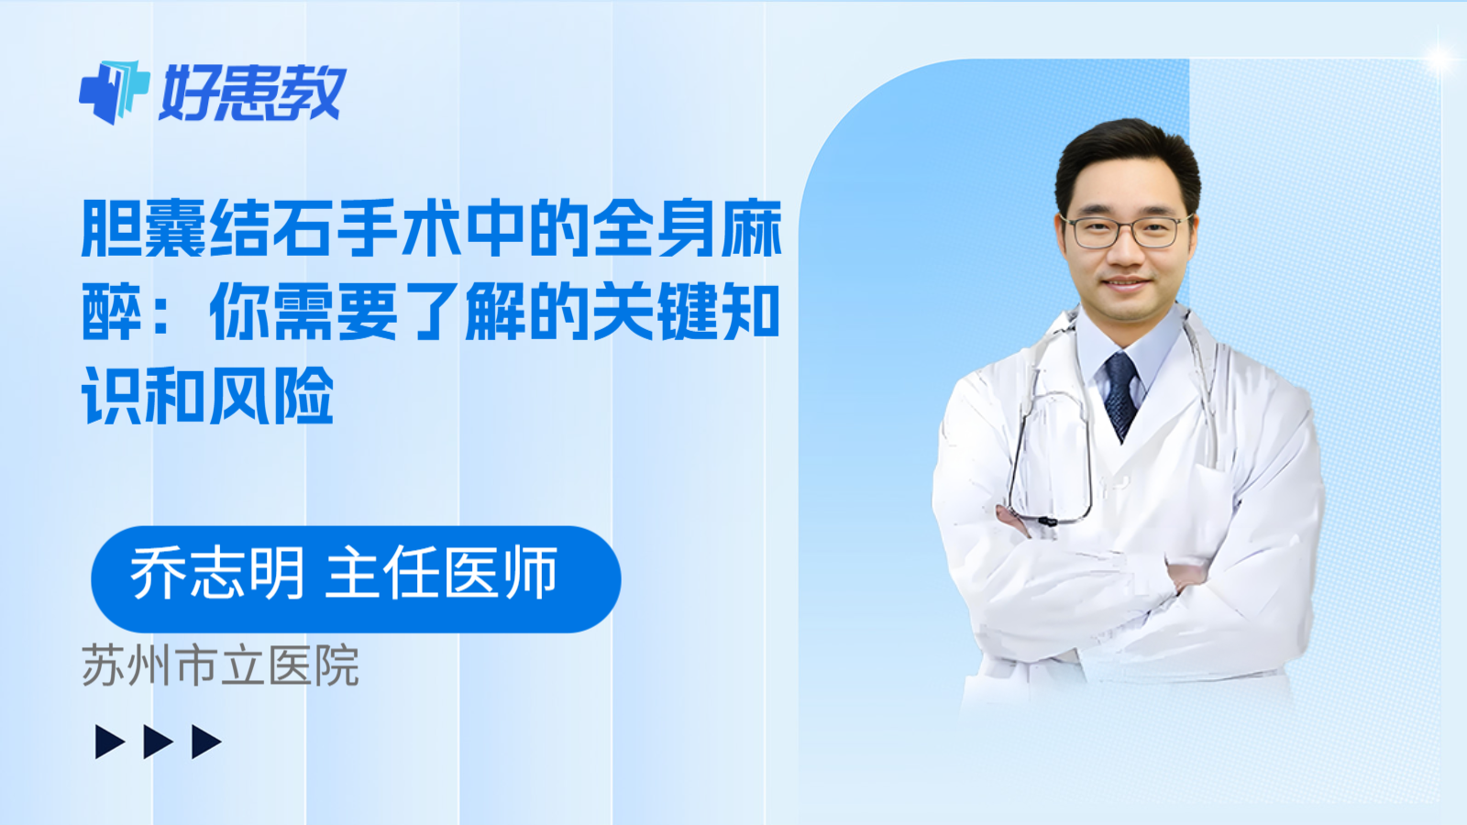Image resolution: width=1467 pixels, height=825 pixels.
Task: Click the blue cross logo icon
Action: [114, 91]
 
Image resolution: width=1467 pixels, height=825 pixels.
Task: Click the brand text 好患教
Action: [253, 93]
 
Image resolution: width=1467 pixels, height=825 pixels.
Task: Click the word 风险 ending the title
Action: [271, 396]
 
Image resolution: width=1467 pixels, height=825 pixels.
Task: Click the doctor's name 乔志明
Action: [217, 574]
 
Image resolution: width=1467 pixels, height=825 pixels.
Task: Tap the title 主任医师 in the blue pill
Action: [442, 574]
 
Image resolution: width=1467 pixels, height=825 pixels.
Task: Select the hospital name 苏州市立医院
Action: [220, 666]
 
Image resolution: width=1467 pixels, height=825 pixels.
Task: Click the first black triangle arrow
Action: [109, 742]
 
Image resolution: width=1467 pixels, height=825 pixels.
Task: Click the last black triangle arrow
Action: [205, 742]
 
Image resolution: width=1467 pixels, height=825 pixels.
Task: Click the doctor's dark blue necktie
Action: [1120, 394]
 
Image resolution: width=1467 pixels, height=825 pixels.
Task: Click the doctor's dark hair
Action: [1127, 151]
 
